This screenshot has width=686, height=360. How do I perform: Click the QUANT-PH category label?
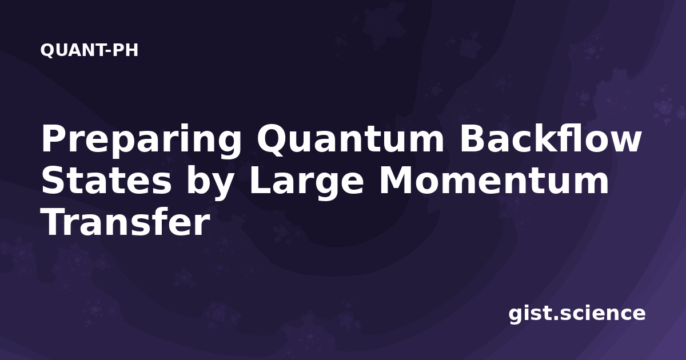pyautogui.click(x=89, y=50)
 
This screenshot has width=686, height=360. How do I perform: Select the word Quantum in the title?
pyautogui.click(x=350, y=140)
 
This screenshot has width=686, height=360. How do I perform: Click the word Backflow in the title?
pyautogui.click(x=550, y=138)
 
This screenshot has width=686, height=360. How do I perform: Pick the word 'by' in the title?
pyautogui.click(x=209, y=183)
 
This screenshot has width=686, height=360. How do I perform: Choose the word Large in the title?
pyautogui.click(x=306, y=183)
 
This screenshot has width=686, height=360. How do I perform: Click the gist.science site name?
pyautogui.click(x=577, y=314)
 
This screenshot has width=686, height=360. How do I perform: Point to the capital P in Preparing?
pyautogui.click(x=54, y=138)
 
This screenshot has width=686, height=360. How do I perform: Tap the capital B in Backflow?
pyautogui.click(x=473, y=138)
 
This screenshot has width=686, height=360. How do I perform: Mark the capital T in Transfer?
pyautogui.click(x=54, y=222)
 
